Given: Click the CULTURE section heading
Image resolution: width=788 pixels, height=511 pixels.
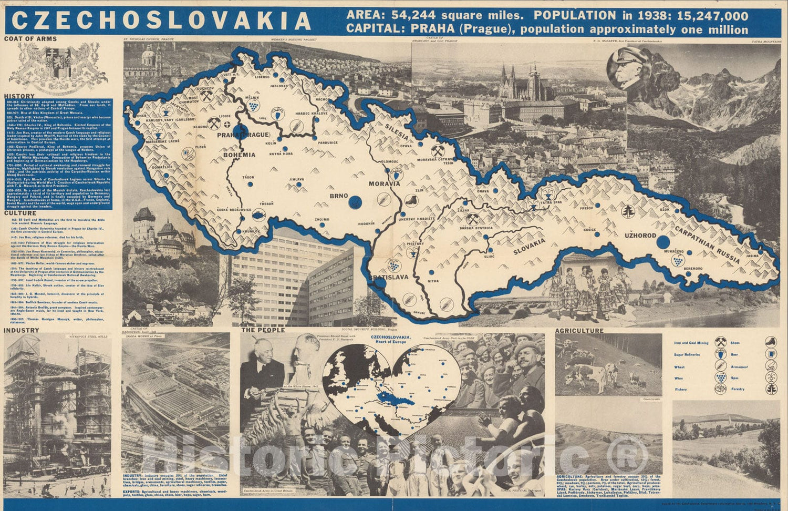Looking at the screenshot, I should click(x=20, y=213).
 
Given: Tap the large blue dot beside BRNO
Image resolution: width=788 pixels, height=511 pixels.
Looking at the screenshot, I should click(x=356, y=201).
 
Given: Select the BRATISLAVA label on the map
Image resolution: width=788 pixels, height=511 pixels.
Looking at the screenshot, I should click(x=388, y=277).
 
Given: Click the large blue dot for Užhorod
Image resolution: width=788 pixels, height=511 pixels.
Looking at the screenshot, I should click(x=663, y=242).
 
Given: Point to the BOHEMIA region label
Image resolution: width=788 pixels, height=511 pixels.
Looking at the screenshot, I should click(x=239, y=155).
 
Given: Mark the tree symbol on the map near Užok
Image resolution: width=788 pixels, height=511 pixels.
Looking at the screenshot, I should click(x=628, y=211).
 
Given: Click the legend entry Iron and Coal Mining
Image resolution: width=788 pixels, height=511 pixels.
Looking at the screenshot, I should click(x=691, y=343).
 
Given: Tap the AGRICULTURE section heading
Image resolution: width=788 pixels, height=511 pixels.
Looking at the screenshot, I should click(x=579, y=331).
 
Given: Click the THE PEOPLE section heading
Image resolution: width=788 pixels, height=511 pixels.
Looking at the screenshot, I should click(x=263, y=330).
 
